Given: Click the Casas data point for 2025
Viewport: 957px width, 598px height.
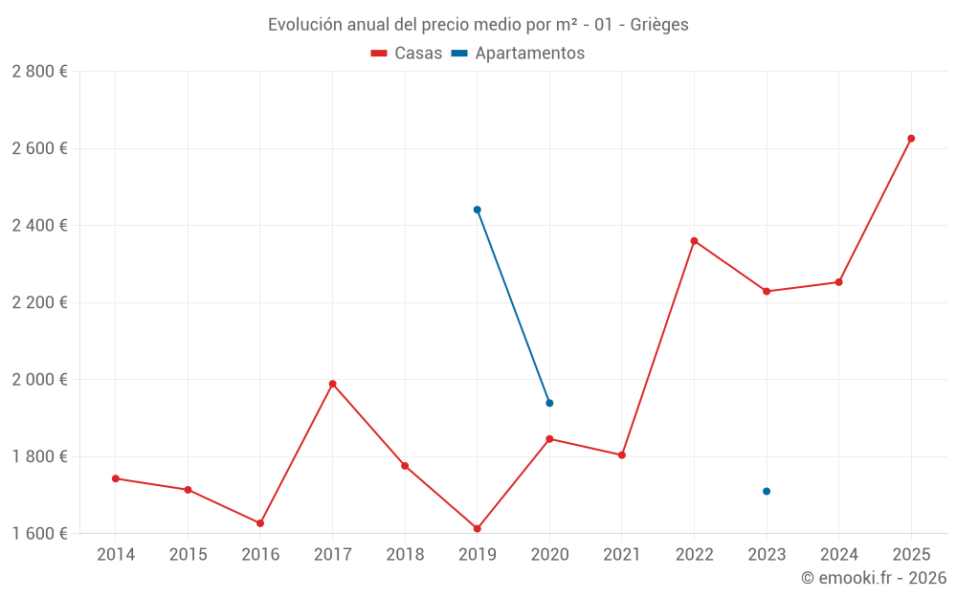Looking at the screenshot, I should pos(911,139).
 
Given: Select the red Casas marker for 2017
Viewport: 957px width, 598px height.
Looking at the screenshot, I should pos(332,384).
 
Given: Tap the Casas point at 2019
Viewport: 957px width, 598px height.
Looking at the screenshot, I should pos(477,528).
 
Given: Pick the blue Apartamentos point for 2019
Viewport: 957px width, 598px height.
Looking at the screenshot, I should pos(477,210).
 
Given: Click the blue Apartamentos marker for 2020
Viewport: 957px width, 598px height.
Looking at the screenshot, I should pos(549,403).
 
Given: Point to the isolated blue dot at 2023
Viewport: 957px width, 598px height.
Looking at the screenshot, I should pos(767,491).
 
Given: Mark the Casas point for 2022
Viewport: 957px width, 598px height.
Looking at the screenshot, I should pos(694,241).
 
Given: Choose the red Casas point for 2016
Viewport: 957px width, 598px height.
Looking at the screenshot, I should pos(260,523).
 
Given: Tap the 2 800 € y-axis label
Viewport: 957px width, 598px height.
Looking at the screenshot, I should pos(39,72).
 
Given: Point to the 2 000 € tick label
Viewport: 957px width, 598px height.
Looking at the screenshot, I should pos(39,380).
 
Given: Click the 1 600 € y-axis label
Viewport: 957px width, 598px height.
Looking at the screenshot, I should pos(39,534).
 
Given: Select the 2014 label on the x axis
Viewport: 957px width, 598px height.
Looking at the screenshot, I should pos(116,555).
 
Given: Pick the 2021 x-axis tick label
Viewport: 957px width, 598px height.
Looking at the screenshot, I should pos(622,555).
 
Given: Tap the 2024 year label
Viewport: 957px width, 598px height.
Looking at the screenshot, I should pos(839,555).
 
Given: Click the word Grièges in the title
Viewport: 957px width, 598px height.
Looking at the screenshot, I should pos(659,25).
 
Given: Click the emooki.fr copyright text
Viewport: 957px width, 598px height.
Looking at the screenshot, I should pos(873,578).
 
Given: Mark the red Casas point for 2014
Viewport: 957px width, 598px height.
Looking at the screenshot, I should pos(116,478).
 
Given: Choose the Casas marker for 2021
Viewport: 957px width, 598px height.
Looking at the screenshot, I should pos(622,454).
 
